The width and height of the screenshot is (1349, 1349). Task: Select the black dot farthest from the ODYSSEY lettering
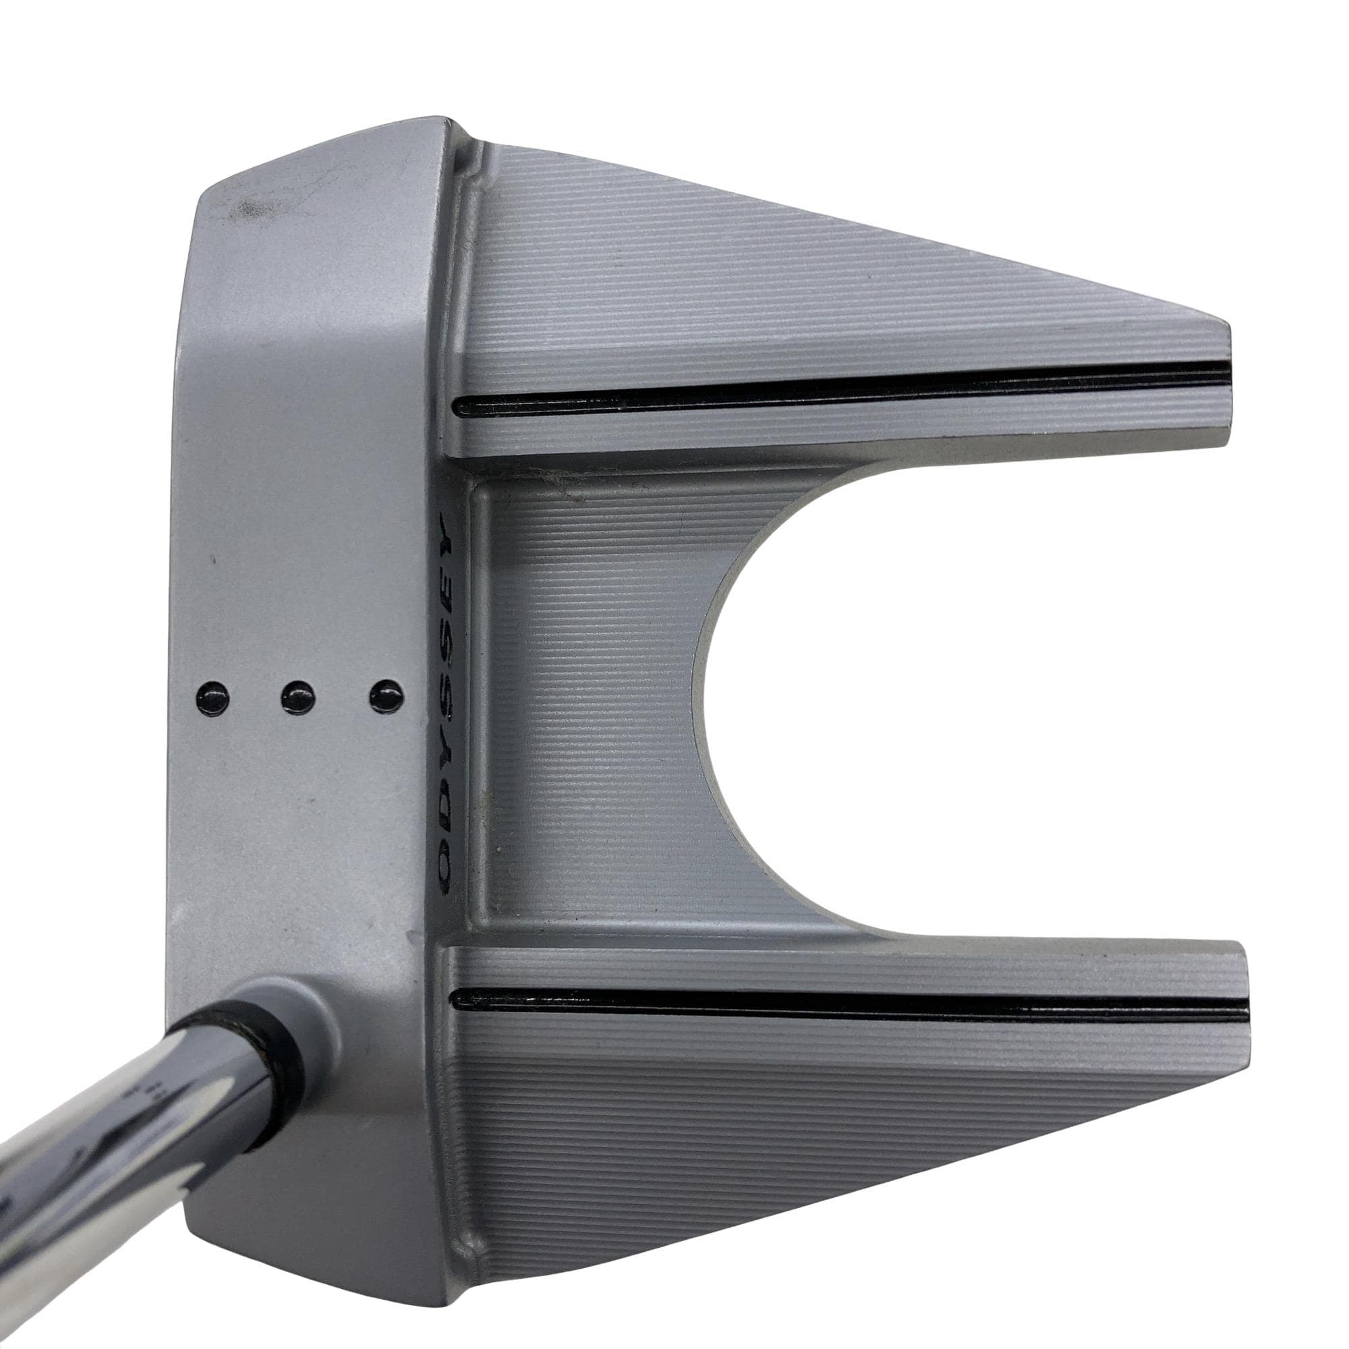214,712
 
